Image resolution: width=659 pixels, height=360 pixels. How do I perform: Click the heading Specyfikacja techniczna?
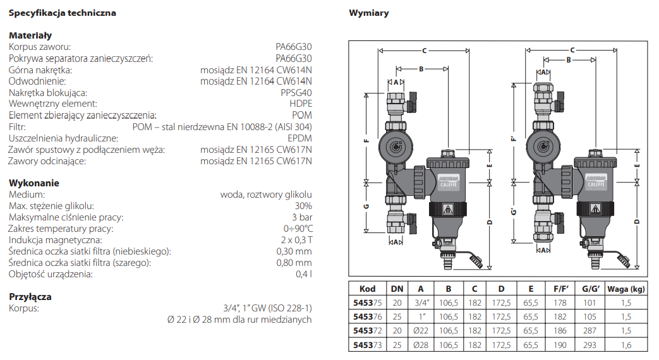pos(63,13)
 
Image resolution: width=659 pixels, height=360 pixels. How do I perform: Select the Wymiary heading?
pos(369,13)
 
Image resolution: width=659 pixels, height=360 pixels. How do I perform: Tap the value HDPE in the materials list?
pos(300,104)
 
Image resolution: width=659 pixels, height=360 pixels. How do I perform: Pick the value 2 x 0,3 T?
pos(296,240)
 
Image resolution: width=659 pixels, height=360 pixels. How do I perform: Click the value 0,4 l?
pos(304,274)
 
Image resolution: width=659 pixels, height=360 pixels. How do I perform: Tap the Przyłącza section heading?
pos(30,297)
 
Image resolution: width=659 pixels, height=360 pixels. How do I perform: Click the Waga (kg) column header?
pos(626,289)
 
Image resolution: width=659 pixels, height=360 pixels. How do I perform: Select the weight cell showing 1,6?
pos(626,345)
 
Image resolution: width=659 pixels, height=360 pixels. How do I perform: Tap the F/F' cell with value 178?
pos(559,303)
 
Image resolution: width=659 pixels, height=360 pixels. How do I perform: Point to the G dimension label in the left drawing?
pos(366,207)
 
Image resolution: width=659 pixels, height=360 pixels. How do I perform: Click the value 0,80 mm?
pos(294,263)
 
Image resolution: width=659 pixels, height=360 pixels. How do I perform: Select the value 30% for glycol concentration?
pos(303,206)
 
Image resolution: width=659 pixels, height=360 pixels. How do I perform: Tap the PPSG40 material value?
pos(296,92)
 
